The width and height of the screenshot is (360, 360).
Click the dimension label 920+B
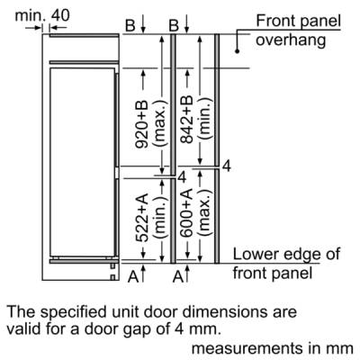141,124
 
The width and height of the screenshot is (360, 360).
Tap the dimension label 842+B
186,120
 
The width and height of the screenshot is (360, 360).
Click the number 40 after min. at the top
60,15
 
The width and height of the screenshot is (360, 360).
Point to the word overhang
291,40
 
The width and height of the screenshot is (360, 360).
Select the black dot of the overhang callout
237,51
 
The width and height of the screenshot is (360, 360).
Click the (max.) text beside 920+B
159,124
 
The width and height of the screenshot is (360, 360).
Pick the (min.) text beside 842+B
205,120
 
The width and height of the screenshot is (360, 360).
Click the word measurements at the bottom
247,348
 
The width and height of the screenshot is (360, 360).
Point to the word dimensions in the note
225,311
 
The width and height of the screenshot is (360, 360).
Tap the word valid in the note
23,329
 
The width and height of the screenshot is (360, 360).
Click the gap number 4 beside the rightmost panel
227,166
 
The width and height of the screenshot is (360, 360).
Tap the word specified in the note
73,312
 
